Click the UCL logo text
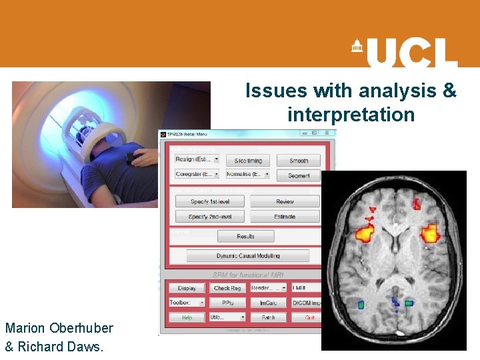coord(411,53)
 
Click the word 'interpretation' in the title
coord(351,115)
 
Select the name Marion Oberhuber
coord(59,328)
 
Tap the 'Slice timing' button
coord(248,161)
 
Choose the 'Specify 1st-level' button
coord(209,201)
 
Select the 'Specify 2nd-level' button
coord(209,217)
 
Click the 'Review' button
coord(285,201)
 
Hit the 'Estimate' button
coord(285,217)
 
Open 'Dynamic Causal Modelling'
coord(247,256)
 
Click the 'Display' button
coord(187,288)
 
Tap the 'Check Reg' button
coord(227,288)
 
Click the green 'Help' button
coord(187,318)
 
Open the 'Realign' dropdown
coord(197,159)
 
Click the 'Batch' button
coord(268,318)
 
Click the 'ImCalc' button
coord(268,303)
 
